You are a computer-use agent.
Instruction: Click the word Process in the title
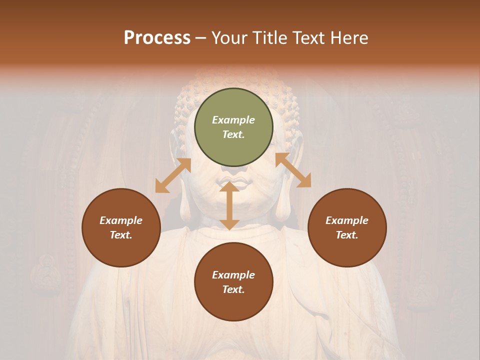[157, 38]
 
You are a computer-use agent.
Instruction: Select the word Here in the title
[350, 38]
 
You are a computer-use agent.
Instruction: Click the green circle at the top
[233, 127]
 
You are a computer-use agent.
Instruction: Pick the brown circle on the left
[121, 227]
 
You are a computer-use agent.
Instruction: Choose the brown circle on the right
[347, 227]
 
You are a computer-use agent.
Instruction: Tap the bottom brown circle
[233, 282]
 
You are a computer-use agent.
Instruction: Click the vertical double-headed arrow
[229, 205]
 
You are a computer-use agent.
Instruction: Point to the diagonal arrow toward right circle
[293, 170]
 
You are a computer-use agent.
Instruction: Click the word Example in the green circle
[233, 120]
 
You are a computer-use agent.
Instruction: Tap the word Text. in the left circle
[121, 235]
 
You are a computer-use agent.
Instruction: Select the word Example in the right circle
[347, 220]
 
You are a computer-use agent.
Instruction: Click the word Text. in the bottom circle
[233, 289]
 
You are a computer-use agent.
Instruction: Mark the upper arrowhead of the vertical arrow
[229, 186]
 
